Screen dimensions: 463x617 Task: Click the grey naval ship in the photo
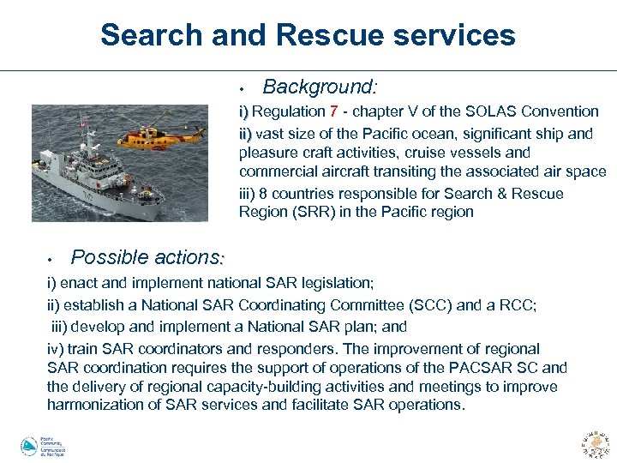(x=103, y=184)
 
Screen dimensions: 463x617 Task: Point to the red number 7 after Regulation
(x=333, y=111)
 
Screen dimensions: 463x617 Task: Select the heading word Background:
(x=320, y=87)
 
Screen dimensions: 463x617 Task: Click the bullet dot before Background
(x=243, y=88)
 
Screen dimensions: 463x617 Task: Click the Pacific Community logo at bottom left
(x=43, y=447)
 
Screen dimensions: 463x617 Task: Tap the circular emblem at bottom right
(x=595, y=444)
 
